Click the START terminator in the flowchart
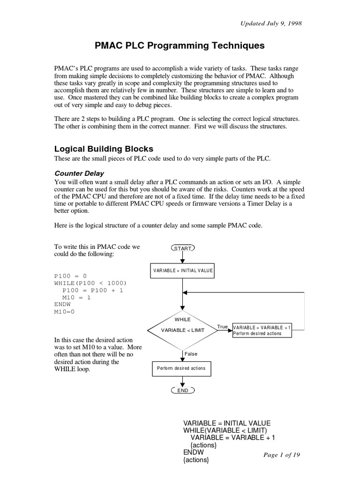[x=183, y=248]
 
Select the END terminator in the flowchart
[x=183, y=390]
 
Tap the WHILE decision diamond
[x=183, y=330]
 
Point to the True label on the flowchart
[x=222, y=326]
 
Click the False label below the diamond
[x=191, y=354]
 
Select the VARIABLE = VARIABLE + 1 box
[x=262, y=330]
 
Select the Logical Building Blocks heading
[x=104, y=149]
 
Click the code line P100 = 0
[x=71, y=276]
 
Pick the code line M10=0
[x=65, y=311]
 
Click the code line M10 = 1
[x=77, y=297]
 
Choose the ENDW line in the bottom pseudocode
[x=194, y=452]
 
